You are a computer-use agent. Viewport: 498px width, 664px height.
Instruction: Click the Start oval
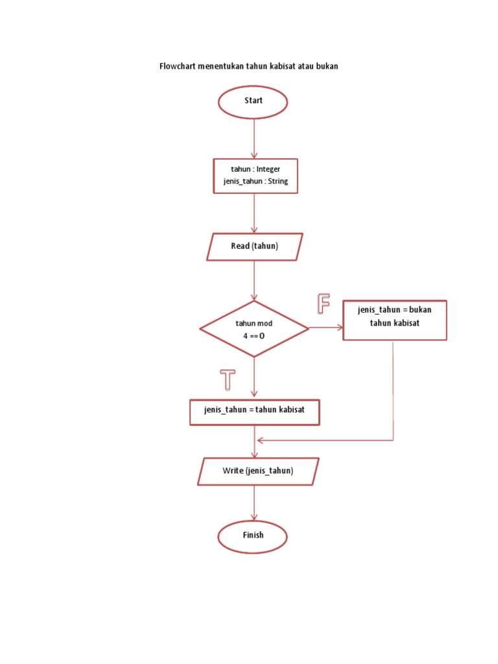pyautogui.click(x=253, y=102)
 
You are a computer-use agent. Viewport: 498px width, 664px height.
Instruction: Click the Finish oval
pyautogui.click(x=253, y=536)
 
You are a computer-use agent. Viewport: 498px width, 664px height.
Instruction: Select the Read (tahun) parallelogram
pyautogui.click(x=254, y=247)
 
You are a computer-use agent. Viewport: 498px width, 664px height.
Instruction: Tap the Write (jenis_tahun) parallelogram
pyautogui.click(x=257, y=471)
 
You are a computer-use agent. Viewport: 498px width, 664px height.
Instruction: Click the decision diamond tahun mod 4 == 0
pyautogui.click(x=254, y=329)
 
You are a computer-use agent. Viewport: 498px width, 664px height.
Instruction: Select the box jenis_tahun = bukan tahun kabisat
pyautogui.click(x=394, y=320)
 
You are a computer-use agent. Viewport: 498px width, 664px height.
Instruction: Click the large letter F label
pyautogui.click(x=323, y=303)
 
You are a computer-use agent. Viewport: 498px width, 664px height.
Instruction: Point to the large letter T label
pyautogui.click(x=227, y=379)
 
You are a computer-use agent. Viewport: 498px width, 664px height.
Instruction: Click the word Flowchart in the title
pyautogui.click(x=180, y=66)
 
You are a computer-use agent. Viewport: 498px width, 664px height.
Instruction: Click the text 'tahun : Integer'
pyautogui.click(x=255, y=169)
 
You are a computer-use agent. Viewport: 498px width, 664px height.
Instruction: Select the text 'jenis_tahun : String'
pyautogui.click(x=255, y=182)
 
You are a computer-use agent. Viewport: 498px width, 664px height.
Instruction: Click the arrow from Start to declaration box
pyautogui.click(x=254, y=138)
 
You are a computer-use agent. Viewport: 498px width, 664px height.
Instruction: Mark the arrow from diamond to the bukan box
pyautogui.click(x=326, y=328)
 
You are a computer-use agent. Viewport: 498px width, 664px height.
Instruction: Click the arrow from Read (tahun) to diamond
pyautogui.click(x=254, y=280)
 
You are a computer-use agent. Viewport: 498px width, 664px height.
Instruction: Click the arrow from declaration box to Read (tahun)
pyautogui.click(x=254, y=213)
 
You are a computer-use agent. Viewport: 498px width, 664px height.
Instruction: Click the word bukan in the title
pyautogui.click(x=327, y=66)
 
